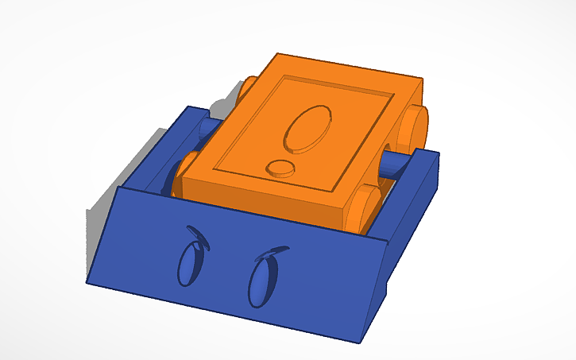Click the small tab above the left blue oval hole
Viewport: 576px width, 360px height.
pos(197,237)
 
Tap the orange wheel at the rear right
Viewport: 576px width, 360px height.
pos(413,127)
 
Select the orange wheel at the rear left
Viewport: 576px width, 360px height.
pos(246,87)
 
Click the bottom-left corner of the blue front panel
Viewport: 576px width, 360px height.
pos(89,282)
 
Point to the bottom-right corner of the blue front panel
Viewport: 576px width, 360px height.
pos(356,342)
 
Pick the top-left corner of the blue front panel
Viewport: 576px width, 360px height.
pos(118,188)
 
